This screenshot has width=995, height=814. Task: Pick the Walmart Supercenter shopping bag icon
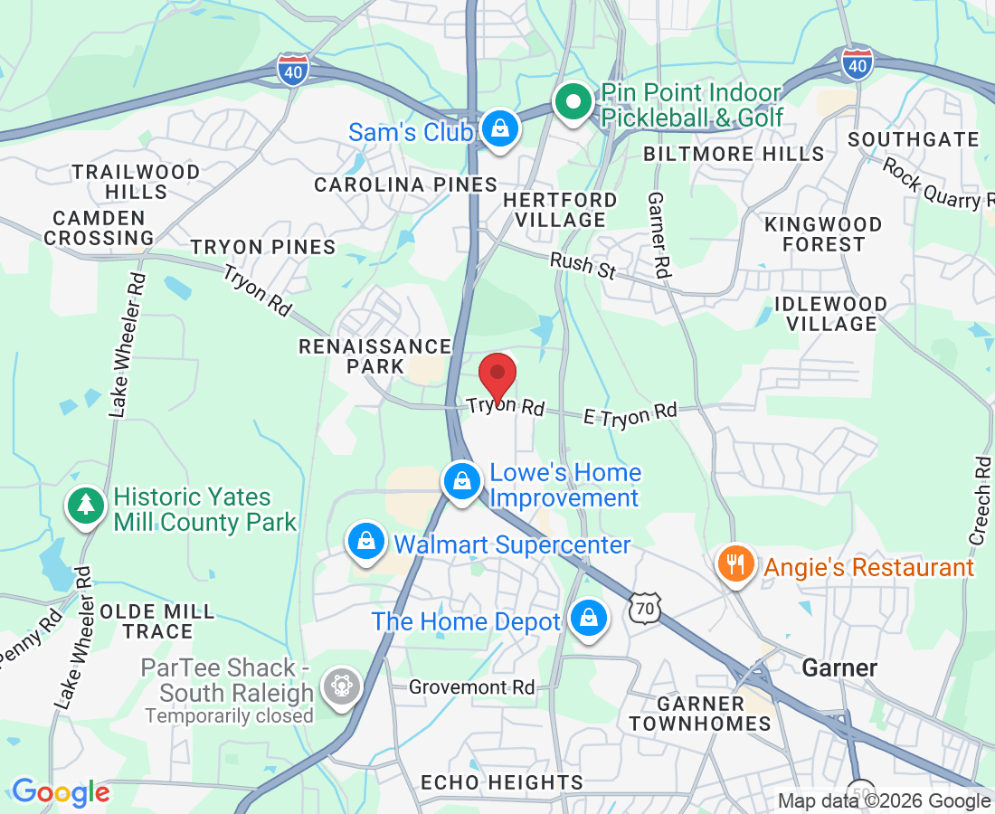pyautogui.click(x=366, y=543)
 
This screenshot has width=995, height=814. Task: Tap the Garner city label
pyautogui.click(x=840, y=668)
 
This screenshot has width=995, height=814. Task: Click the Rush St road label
pyautogui.click(x=583, y=265)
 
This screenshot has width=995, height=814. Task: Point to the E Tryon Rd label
pyautogui.click(x=630, y=413)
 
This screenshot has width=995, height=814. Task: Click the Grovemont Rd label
pyautogui.click(x=471, y=687)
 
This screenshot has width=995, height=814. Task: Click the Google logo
pyautogui.click(x=61, y=793)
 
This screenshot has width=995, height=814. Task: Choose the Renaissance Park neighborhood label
pyautogui.click(x=375, y=356)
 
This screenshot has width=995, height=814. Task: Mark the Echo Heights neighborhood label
pyautogui.click(x=502, y=782)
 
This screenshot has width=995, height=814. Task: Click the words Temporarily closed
pyautogui.click(x=229, y=716)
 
